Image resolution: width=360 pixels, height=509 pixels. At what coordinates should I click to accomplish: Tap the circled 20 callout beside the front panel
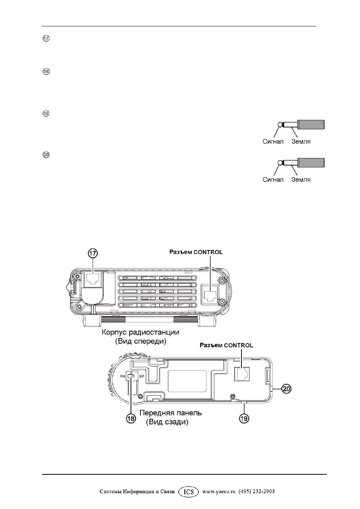[286, 389]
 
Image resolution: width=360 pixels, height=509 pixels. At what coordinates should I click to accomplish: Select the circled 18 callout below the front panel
[131, 419]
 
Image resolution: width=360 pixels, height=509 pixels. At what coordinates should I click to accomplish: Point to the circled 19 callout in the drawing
[244, 419]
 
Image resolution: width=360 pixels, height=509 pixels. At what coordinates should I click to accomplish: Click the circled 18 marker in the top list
[46, 72]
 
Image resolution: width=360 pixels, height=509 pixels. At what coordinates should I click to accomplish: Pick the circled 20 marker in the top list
[46, 155]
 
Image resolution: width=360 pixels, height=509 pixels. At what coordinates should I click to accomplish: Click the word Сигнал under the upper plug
[273, 141]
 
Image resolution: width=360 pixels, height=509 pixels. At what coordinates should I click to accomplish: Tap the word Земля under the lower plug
[301, 180]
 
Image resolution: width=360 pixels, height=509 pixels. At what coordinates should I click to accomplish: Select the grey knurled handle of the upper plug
[311, 124]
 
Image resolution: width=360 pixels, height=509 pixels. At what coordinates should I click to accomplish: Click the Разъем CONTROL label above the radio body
[196, 252]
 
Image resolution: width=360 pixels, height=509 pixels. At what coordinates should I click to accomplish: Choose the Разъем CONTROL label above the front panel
[226, 345]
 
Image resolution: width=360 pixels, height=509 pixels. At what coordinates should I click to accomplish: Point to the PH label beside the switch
[123, 376]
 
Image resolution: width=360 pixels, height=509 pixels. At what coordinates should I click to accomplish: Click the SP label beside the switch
[142, 376]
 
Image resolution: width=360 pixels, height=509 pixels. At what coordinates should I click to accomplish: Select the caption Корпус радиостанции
[140, 333]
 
